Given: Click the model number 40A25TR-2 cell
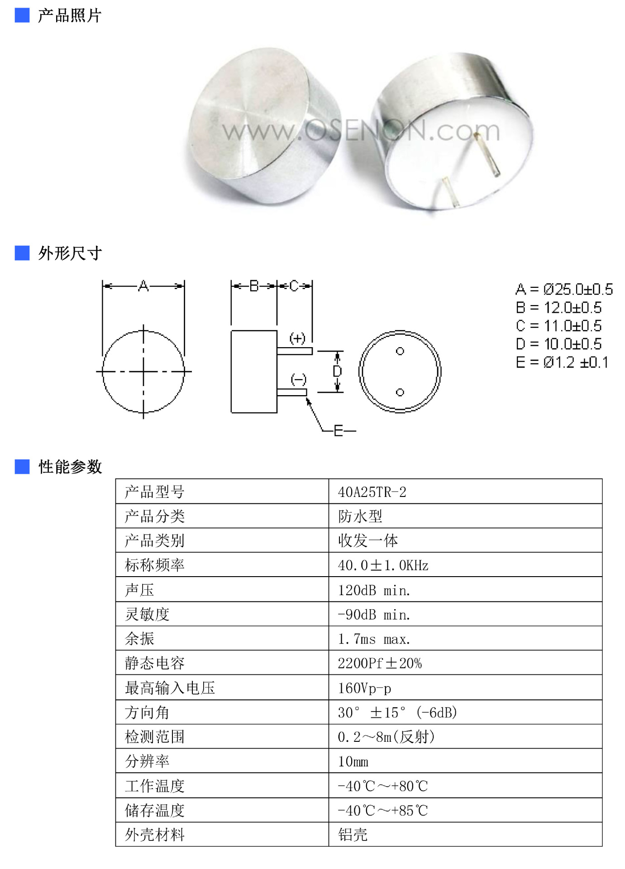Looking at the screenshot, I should pos(372,492).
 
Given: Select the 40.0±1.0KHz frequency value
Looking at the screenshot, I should pos(383,565).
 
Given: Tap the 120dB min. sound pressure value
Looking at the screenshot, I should pos(374,590).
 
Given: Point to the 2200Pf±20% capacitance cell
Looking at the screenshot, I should pos(379,664).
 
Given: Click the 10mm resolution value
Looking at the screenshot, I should pos(353,762).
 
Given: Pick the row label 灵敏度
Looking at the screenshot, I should pos(147,615).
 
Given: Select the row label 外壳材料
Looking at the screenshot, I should pos(155,835).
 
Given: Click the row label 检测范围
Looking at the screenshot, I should pos(155,737).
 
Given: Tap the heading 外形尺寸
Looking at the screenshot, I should pos(70,253).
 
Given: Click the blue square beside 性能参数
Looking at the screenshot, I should pos(22,467).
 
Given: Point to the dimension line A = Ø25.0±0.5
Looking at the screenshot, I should pos(564,289).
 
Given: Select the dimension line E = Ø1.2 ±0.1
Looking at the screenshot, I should pos(562,363).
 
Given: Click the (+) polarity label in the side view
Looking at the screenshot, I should pos(297,338).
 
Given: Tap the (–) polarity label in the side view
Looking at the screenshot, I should pos(298,379).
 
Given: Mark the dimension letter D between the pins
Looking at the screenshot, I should pos(337,372).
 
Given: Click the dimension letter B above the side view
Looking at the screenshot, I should pos(254,286).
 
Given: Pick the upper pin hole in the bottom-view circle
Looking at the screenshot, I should pos(400,351).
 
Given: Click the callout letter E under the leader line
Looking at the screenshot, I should pos(339,431).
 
